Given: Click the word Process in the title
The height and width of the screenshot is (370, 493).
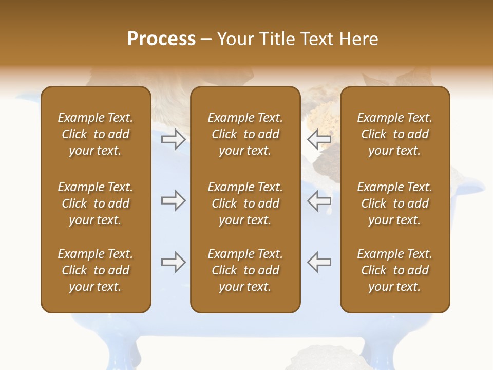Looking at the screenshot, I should [161, 39].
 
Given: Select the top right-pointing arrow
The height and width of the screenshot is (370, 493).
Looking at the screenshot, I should [173, 139].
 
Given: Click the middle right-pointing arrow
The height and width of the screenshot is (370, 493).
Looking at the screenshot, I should [173, 200].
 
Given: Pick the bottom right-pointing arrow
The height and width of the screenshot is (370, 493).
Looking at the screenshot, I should [173, 262].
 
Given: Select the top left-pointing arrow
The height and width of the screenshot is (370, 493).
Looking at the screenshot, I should [319, 139].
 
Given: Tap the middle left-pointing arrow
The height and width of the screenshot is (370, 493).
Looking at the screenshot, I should [319, 200].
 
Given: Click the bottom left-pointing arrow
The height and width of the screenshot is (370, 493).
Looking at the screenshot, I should [319, 262].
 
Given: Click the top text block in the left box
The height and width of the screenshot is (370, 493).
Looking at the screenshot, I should [96, 134].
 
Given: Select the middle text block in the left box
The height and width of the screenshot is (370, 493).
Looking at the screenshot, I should [96, 203].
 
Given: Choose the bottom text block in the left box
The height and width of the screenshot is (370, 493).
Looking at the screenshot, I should [96, 270].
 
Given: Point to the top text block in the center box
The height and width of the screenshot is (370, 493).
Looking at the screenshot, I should [245, 134].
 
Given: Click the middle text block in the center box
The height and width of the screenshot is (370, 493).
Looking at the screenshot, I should [245, 203].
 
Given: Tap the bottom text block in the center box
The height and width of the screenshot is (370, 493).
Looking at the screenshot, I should [245, 270].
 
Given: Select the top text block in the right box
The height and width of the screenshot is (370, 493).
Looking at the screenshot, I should [394, 134].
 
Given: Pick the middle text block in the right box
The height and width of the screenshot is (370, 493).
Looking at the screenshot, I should [394, 203].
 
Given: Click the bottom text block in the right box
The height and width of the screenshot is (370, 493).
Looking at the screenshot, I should [394, 270].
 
